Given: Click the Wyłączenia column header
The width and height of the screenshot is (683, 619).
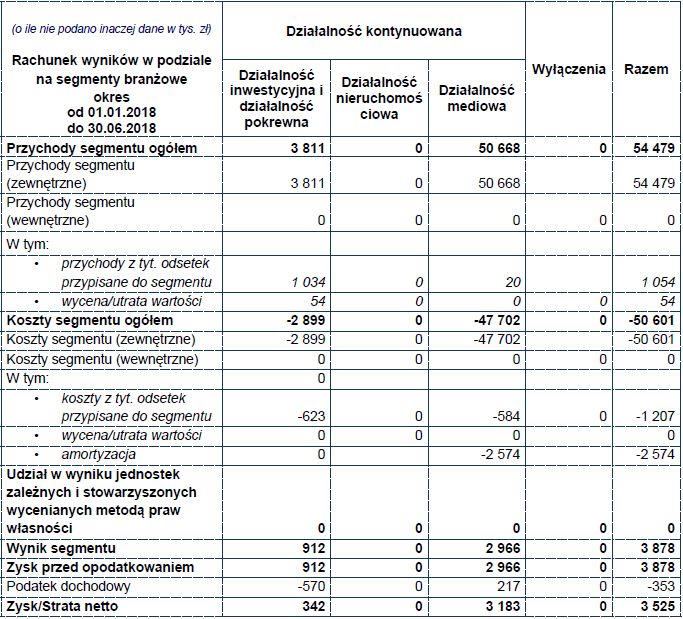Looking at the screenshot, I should pyautogui.click(x=569, y=69).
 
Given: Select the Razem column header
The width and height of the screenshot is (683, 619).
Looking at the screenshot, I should pyautogui.click(x=646, y=69).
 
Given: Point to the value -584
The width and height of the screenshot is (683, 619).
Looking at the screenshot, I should pyautogui.click(x=503, y=416).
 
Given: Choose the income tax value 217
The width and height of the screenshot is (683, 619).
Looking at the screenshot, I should pyautogui.click(x=505, y=585).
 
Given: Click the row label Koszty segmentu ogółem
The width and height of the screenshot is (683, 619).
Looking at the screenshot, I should pyautogui.click(x=89, y=321).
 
